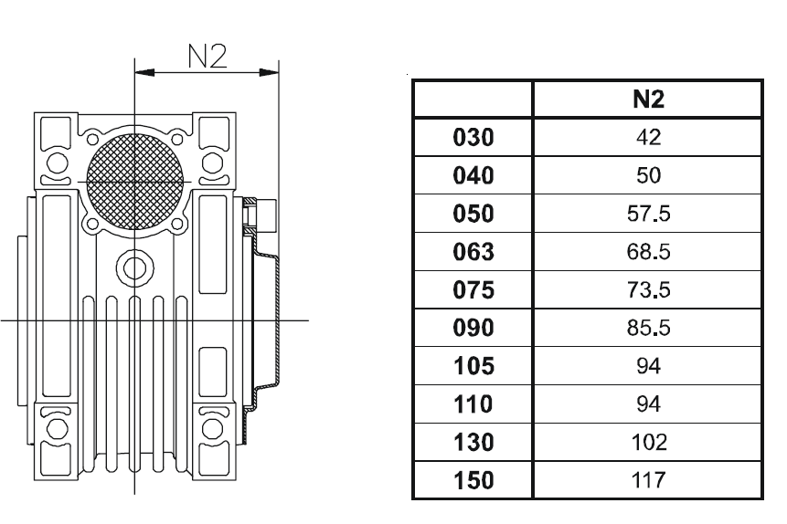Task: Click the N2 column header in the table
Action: pyautogui.click(x=648, y=100)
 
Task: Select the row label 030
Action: pyautogui.click(x=473, y=138)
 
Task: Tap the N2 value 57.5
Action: pyautogui.click(x=648, y=214)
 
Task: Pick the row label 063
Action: pyautogui.click(x=473, y=252)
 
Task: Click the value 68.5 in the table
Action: pyautogui.click(x=648, y=252)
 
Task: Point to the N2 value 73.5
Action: pyautogui.click(x=648, y=289)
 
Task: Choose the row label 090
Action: pyautogui.click(x=473, y=328)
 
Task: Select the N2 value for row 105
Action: pyautogui.click(x=648, y=366)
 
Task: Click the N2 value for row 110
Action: pyautogui.click(x=648, y=404)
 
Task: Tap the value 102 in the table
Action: pyautogui.click(x=648, y=442)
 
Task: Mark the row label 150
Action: pyautogui.click(x=473, y=480)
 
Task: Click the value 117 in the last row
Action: pyautogui.click(x=648, y=480)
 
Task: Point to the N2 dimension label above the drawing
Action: pyautogui.click(x=207, y=56)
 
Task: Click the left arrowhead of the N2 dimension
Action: pyautogui.click(x=144, y=73)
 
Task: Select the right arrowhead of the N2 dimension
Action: pyautogui.click(x=269, y=73)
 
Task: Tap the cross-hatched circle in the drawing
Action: pyautogui.click(x=135, y=181)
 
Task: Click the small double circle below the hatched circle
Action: pyautogui.click(x=134, y=268)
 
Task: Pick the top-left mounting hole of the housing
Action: pyautogui.click(x=57, y=163)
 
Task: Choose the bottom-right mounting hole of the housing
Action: pyautogui.click(x=212, y=429)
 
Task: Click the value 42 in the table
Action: pyautogui.click(x=648, y=138)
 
